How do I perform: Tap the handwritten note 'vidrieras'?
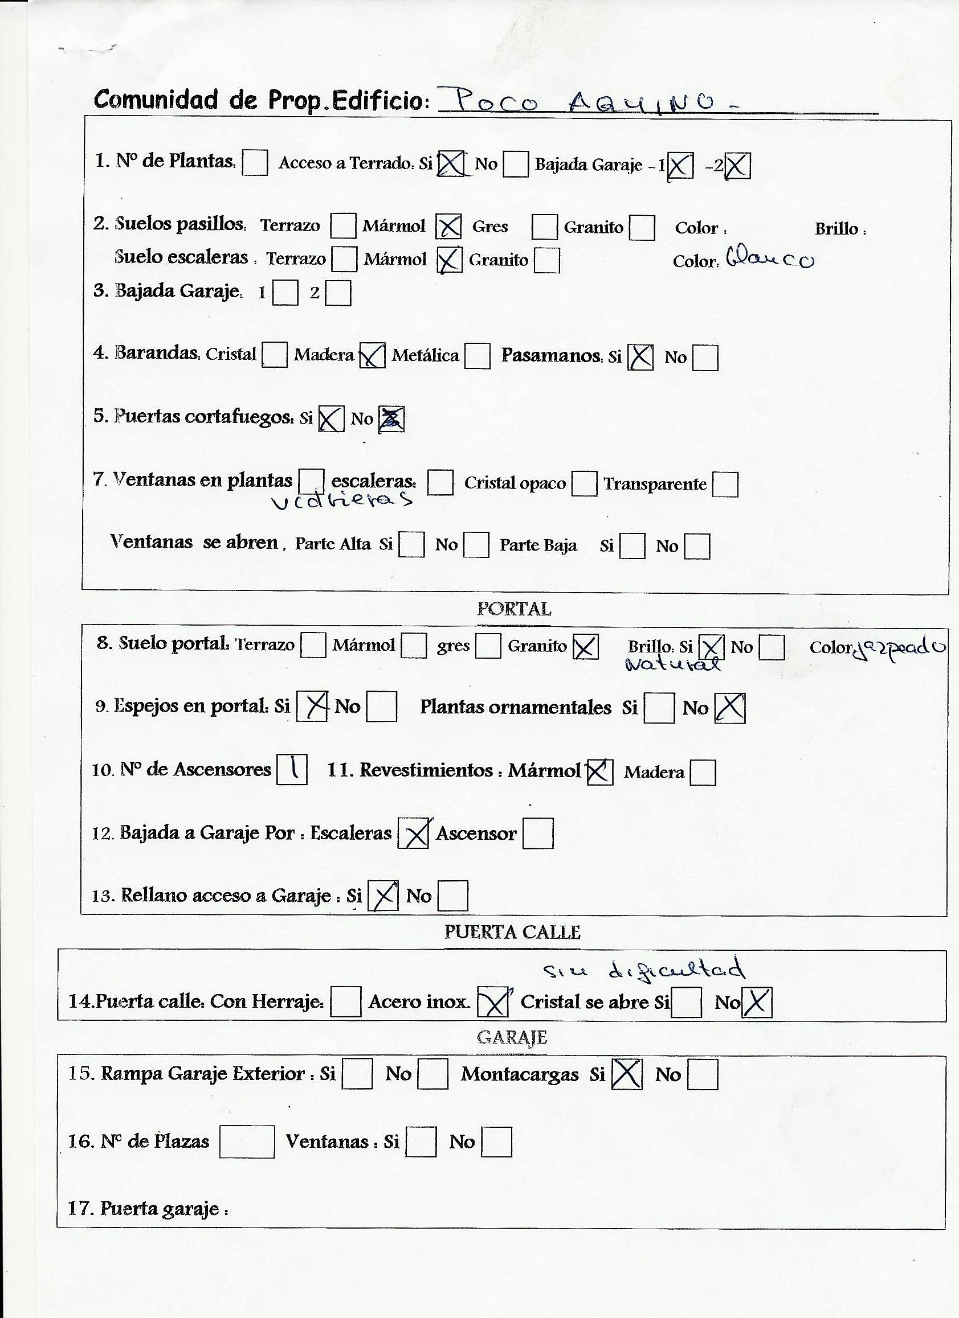[342, 499]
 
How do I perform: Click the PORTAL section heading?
[513, 609]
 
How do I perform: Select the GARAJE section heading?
[512, 1037]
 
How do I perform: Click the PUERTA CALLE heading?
[512, 932]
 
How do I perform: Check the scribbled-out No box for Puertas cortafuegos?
[391, 419]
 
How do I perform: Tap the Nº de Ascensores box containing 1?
[292, 769]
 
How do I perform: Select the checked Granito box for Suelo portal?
[585, 647]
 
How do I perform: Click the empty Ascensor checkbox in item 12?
[538, 833]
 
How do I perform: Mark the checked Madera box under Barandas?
[372, 355]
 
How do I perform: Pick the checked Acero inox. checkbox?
[492, 1002]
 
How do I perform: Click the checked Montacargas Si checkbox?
[627, 1074]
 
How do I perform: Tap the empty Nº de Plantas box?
[255, 162]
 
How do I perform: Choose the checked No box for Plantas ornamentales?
[730, 708]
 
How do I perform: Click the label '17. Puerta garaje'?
[148, 1208]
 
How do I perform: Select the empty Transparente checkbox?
[725, 484]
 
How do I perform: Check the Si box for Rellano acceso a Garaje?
[383, 896]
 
